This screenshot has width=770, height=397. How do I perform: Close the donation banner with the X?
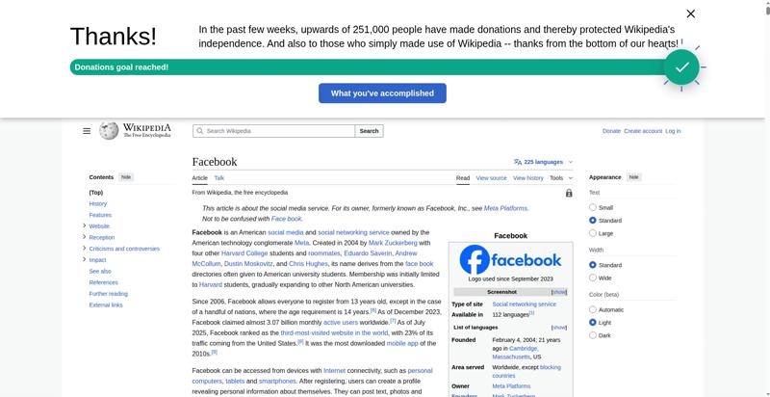690,13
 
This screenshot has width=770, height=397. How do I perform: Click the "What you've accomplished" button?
382,93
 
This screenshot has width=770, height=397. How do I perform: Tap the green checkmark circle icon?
681,67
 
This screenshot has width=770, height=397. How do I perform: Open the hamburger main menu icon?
87,131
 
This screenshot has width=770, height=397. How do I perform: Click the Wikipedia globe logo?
109,130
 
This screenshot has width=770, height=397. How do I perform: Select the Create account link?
643,131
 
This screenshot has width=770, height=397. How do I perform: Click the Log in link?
673,131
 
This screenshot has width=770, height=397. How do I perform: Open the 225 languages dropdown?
543,162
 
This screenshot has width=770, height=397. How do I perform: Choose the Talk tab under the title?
219,178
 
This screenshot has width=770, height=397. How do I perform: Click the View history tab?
527,178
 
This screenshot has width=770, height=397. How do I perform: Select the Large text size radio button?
593,233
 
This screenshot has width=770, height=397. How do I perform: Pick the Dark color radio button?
593,335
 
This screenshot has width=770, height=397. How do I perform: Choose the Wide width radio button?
593,278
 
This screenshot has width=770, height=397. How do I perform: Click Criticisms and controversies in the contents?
124,249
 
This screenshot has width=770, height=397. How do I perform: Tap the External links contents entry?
106,305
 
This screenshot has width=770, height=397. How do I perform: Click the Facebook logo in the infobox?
510,260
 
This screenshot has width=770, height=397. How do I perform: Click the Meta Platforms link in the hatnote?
505,208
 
